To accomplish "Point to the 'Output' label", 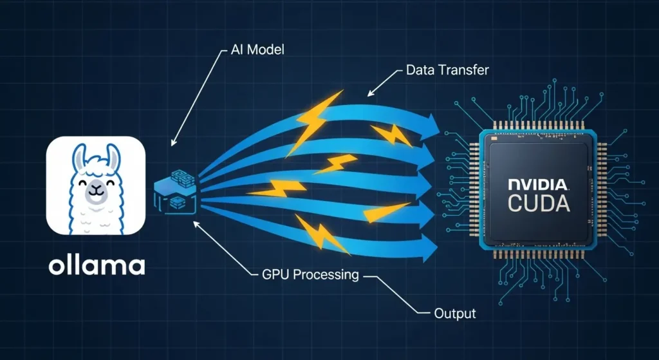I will (x=454, y=314).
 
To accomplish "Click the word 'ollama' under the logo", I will (x=97, y=265).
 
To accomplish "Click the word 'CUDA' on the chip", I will (x=539, y=204).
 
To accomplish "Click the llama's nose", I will (x=96, y=189).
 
